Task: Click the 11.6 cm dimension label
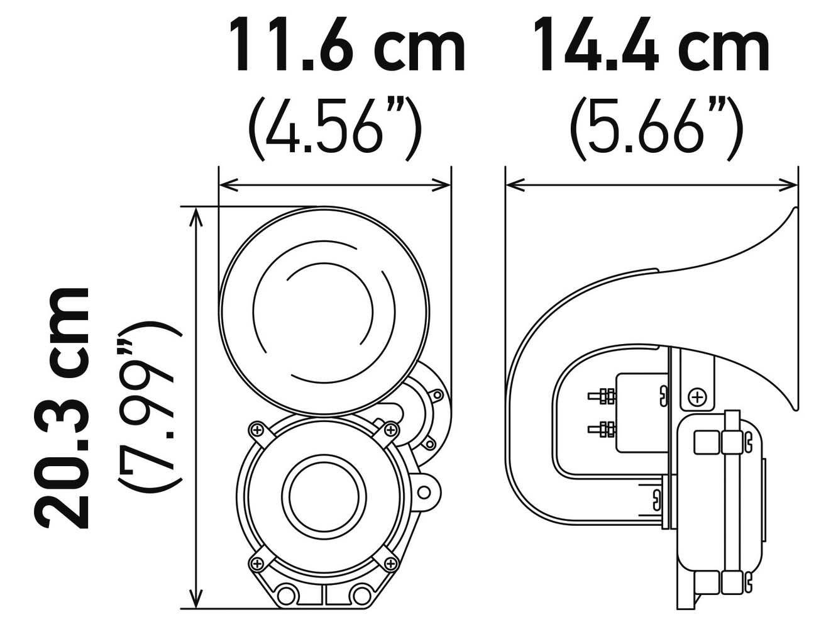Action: pos(347,45)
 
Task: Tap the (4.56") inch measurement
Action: pos(334,126)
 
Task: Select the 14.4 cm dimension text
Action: pos(651,45)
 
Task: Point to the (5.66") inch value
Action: pos(656,126)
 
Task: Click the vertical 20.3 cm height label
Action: pos(62,408)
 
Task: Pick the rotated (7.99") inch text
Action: pos(150,408)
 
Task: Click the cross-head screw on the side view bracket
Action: pos(696,398)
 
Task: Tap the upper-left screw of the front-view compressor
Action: pos(256,430)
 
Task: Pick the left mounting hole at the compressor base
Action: pos(287,593)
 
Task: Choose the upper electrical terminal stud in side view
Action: pos(600,396)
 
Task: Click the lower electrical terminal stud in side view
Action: pos(600,430)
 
